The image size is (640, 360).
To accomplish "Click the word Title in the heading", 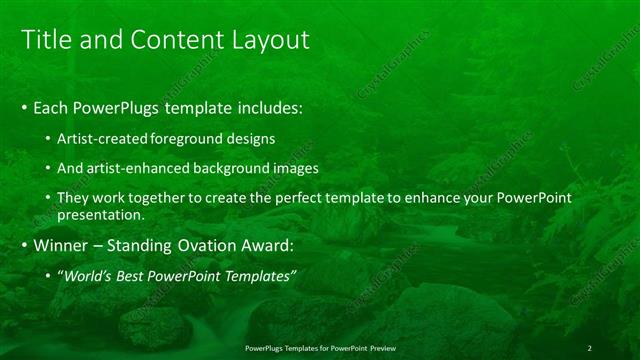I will click(x=46, y=39).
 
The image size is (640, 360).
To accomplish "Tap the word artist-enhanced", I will click(x=141, y=168).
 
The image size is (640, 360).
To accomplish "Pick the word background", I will click(x=236, y=168).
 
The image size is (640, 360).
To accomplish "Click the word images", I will click(x=298, y=168).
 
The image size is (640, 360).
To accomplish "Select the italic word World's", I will click(x=88, y=275).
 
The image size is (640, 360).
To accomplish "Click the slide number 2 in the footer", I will click(x=589, y=348).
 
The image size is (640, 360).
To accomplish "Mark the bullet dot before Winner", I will click(x=25, y=245).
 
